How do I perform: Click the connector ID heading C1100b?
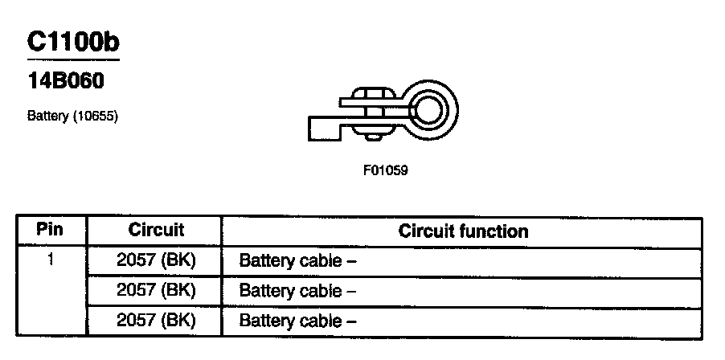click(73, 42)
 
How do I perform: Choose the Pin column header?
click(51, 230)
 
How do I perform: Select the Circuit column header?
click(156, 231)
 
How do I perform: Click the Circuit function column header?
click(464, 231)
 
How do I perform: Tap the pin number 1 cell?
click(51, 260)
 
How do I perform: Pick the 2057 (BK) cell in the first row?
click(156, 260)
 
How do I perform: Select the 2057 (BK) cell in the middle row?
click(156, 290)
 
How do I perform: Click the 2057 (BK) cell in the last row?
click(156, 321)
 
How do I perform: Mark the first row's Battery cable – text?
click(297, 261)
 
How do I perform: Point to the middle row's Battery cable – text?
click(297, 291)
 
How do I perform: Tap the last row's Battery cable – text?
click(297, 321)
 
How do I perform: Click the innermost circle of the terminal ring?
click(428, 108)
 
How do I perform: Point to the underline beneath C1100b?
click(73, 59)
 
